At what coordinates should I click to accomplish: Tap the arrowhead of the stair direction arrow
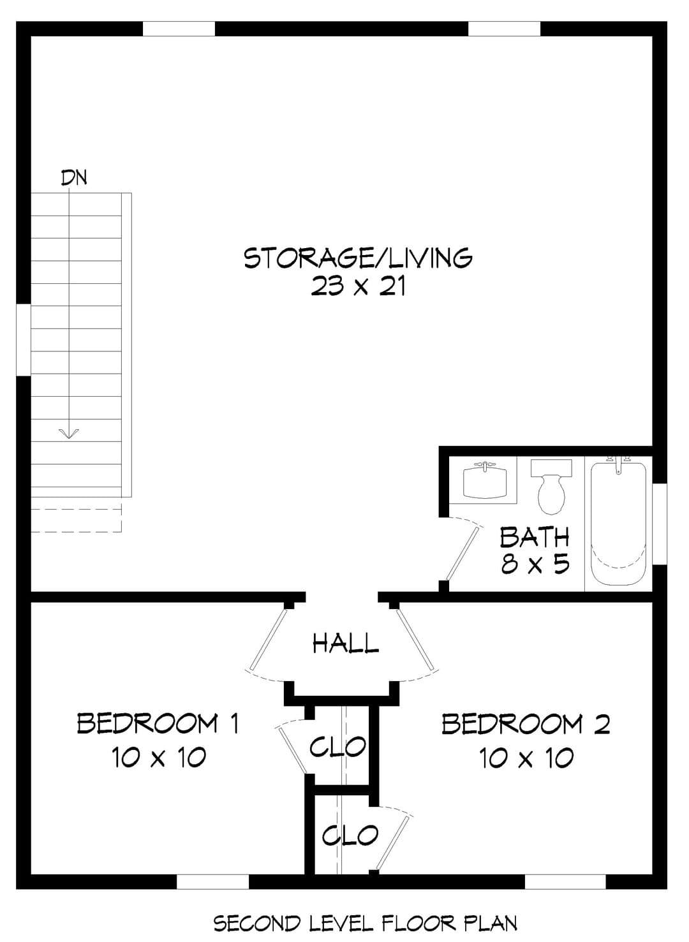[69, 434]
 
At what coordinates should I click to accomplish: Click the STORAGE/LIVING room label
[358, 258]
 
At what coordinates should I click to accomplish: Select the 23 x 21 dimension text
[359, 287]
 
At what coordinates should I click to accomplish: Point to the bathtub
[618, 522]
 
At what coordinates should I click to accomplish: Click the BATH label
[534, 537]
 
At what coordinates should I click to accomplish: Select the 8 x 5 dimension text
[535, 564]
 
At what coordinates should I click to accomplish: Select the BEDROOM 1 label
[158, 723]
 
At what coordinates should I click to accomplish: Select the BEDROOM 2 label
[526, 723]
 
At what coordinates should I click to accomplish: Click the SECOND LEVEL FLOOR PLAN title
[366, 920]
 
